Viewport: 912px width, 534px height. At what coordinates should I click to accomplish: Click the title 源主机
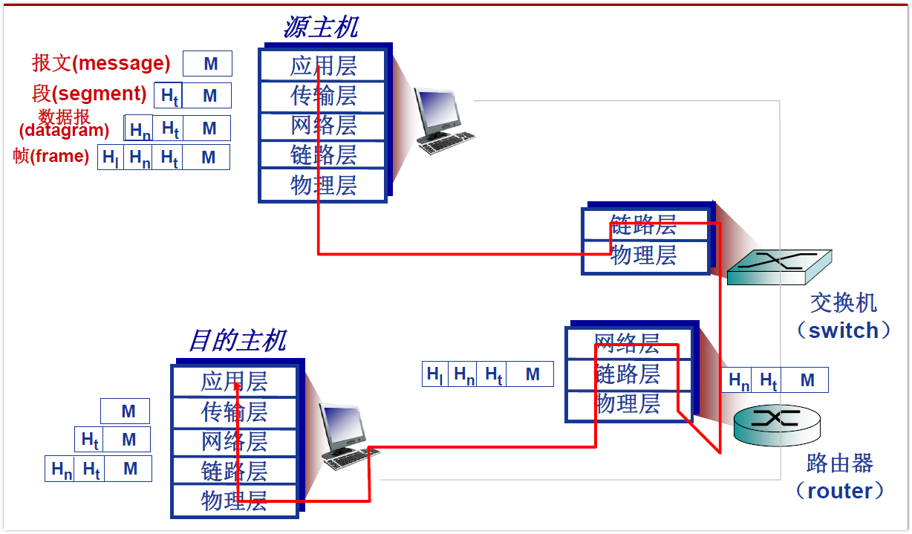click(320, 27)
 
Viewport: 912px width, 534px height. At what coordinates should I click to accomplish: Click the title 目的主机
click(237, 341)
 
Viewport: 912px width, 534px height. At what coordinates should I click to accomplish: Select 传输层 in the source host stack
click(323, 96)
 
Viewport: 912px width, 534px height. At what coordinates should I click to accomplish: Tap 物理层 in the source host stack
click(323, 185)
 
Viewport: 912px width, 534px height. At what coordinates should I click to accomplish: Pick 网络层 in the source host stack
click(323, 126)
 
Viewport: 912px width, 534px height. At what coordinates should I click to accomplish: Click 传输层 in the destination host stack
click(234, 411)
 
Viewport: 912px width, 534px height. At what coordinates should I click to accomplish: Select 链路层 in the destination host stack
click(234, 471)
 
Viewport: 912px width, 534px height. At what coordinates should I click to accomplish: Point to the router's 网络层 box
click(628, 343)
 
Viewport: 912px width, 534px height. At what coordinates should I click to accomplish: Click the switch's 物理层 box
click(644, 256)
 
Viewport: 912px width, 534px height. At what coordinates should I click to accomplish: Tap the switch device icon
click(779, 267)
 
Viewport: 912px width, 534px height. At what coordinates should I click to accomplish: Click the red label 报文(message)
click(101, 63)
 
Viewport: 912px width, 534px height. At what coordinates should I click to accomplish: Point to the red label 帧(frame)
click(51, 156)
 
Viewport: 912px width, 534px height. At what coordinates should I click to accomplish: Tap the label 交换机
click(843, 303)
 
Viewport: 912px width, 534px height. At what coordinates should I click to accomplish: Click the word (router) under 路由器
click(840, 490)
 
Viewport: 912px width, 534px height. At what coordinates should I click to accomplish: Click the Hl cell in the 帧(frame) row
click(111, 157)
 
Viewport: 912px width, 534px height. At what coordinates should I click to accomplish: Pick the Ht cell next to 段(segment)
click(169, 96)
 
